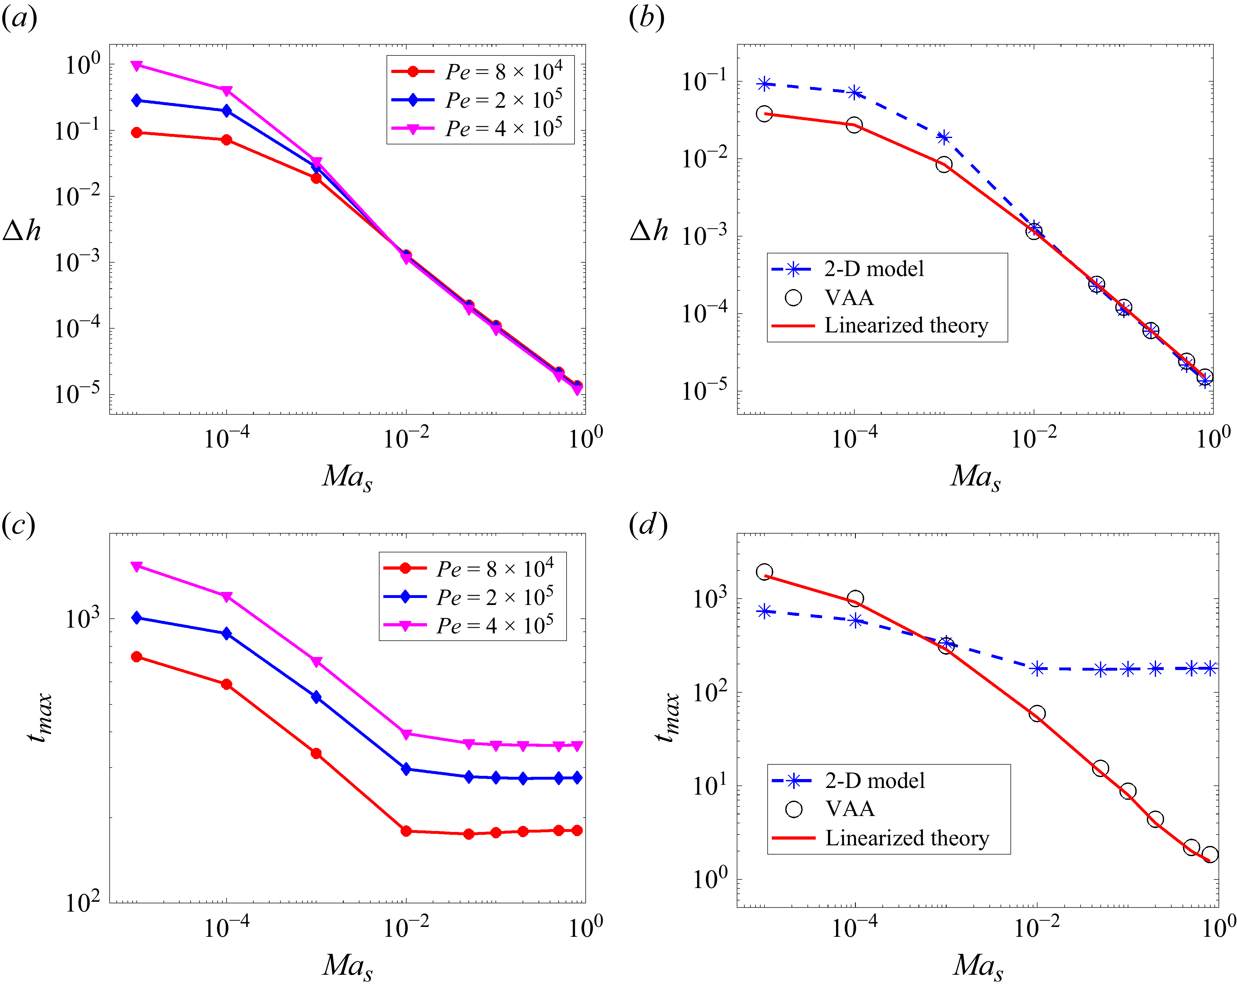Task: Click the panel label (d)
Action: [648, 524]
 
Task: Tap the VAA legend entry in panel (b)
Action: [849, 298]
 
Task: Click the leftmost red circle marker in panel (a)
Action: [137, 133]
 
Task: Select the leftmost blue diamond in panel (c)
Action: [137, 618]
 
